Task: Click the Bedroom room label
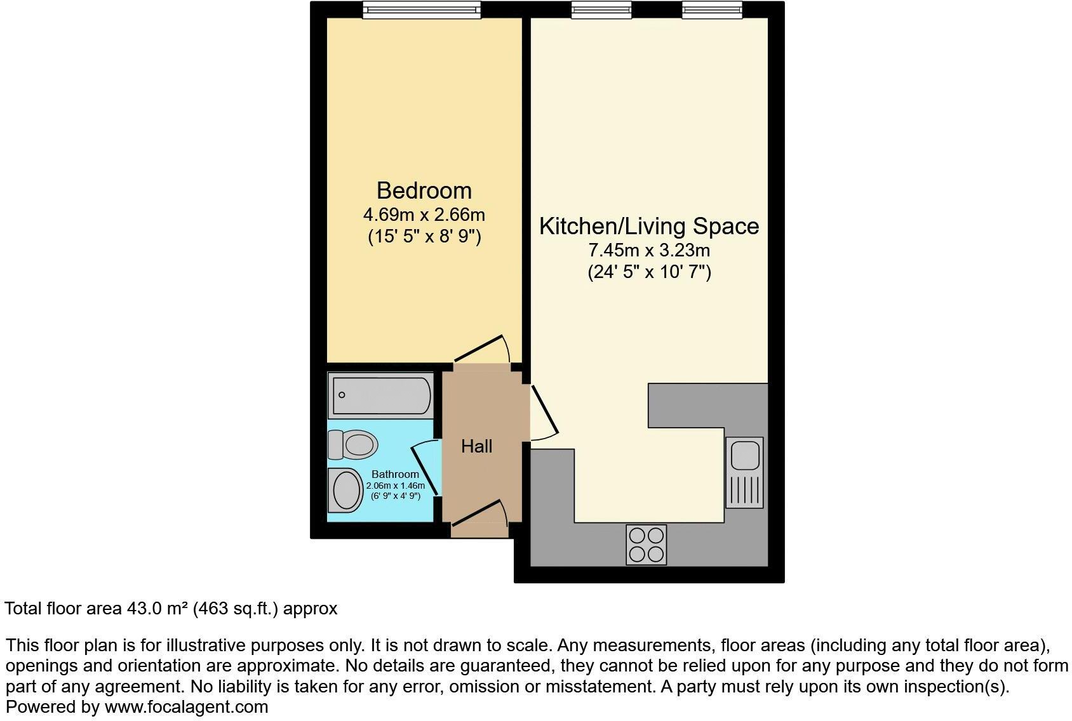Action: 424,190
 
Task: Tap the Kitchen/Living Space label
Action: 649,226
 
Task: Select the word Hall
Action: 476,446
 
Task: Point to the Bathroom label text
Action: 395,474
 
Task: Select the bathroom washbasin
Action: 346,490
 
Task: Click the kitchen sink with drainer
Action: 744,472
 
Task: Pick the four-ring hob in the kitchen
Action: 646,545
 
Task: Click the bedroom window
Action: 422,10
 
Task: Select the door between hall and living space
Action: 544,411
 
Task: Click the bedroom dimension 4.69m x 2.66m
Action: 424,215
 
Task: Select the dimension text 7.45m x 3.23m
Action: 649,250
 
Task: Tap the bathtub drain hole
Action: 342,395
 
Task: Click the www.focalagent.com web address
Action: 186,706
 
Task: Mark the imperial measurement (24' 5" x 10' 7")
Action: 649,272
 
